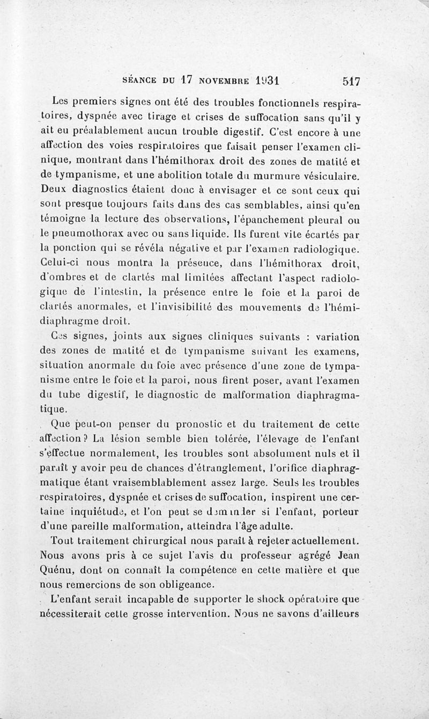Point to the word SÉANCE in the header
(x=140, y=82)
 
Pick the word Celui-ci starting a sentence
(x=58, y=263)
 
